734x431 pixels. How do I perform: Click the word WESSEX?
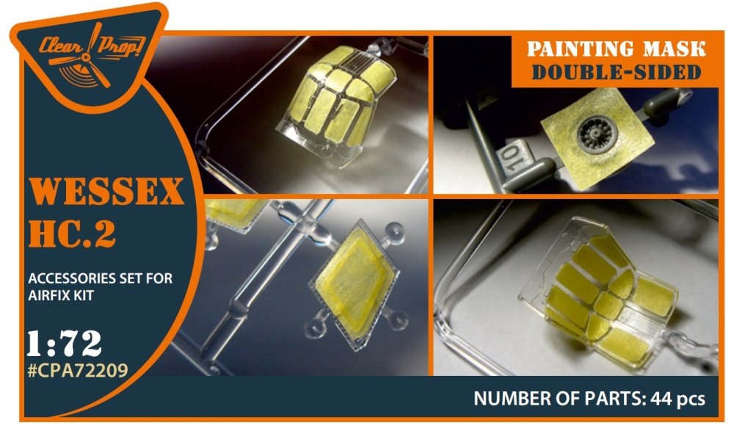(x=106, y=191)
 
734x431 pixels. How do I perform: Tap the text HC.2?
(x=72, y=233)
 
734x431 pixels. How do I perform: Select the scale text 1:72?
(x=64, y=344)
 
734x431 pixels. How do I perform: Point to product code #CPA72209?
(x=78, y=371)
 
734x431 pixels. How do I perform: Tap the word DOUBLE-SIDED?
(x=617, y=72)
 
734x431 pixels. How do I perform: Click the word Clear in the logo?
(x=60, y=46)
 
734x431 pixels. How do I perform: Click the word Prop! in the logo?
(x=121, y=46)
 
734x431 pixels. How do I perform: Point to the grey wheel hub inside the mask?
(x=597, y=134)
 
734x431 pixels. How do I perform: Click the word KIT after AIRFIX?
(x=85, y=296)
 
